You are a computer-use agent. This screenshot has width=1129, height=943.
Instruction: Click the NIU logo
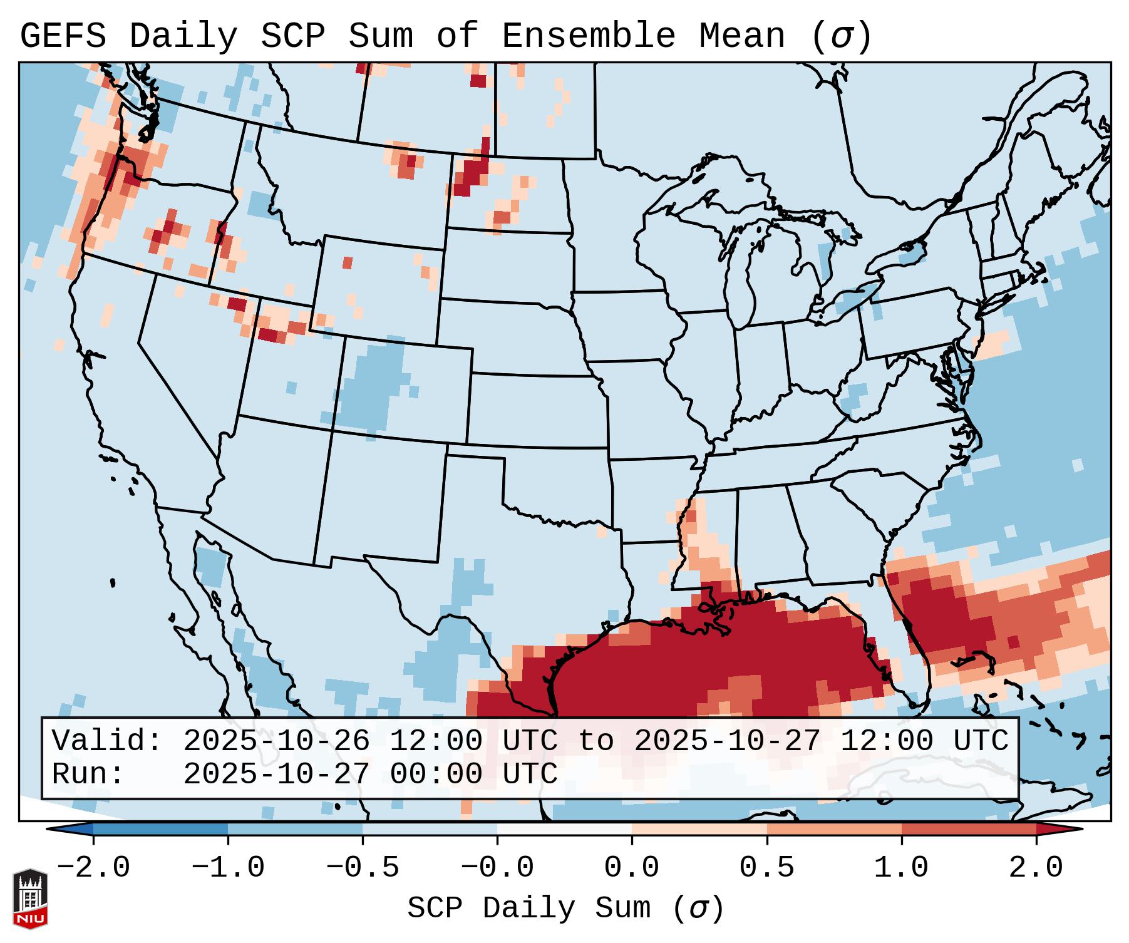30,898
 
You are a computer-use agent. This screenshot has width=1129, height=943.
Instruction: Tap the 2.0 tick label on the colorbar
1036,868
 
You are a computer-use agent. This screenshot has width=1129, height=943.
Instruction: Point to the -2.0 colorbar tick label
93,868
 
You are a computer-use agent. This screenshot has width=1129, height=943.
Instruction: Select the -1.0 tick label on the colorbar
228,868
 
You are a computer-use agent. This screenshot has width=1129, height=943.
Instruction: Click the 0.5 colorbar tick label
766,868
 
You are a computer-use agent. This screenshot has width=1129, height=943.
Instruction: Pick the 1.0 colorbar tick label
901,868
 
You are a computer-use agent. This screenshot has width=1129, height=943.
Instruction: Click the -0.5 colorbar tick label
363,868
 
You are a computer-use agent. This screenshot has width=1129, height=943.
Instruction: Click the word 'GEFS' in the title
63,36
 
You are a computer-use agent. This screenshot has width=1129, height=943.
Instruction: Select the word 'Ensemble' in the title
588,36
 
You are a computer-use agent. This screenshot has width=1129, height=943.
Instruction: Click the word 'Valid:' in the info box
107,741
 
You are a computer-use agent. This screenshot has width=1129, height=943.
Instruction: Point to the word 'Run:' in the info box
88,775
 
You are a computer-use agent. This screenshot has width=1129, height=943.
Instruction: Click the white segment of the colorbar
564,829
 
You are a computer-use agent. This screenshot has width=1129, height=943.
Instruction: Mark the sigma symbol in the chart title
841,36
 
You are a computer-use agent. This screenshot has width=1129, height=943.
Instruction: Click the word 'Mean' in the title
741,36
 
